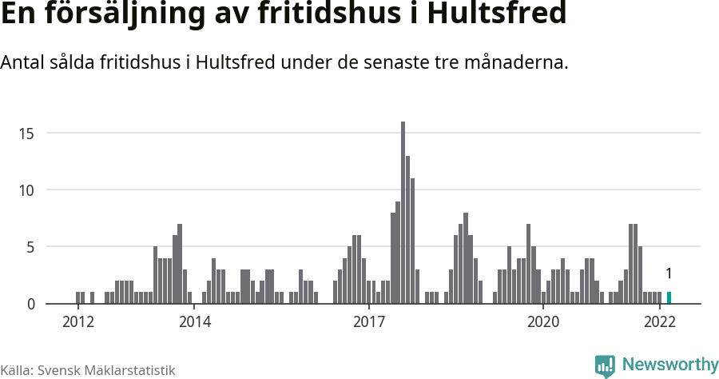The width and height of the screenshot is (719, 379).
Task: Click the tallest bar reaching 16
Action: (x=403, y=213)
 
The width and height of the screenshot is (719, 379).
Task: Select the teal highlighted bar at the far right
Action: (x=669, y=297)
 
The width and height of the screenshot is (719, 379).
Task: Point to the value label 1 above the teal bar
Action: (x=669, y=274)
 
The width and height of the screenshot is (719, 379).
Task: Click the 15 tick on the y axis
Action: (x=27, y=133)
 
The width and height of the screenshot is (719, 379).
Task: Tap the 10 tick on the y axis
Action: (x=27, y=190)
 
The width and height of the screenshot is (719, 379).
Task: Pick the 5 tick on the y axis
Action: (x=30, y=247)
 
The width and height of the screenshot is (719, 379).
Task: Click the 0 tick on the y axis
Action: (x=30, y=304)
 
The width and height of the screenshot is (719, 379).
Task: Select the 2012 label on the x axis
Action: (x=78, y=322)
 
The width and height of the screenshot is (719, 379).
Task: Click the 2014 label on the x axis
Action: (x=194, y=322)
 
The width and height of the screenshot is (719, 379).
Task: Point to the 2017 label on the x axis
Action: (x=369, y=322)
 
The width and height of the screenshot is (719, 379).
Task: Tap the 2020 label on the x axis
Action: (x=543, y=322)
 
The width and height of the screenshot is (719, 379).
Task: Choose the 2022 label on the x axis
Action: (x=660, y=322)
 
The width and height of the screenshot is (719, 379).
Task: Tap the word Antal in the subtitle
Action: (x=23, y=62)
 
